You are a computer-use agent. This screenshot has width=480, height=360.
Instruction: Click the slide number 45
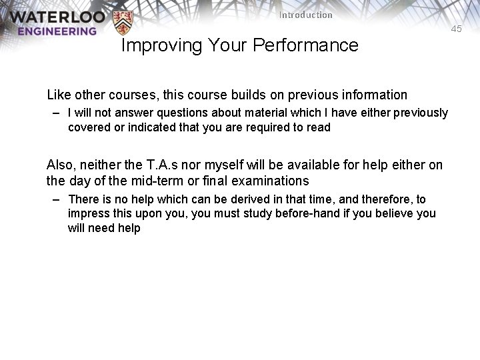[456, 29]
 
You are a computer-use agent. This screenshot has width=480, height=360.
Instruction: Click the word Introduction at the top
[305, 15]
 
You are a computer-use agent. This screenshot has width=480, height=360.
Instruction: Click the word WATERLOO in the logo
[53, 17]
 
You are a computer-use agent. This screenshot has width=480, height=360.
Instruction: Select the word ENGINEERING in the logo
[57, 31]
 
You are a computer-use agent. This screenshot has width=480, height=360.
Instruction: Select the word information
[370, 95]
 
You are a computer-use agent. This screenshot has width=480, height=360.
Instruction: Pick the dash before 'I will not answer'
[58, 113]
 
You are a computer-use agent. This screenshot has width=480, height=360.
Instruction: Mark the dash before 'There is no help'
[58, 199]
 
